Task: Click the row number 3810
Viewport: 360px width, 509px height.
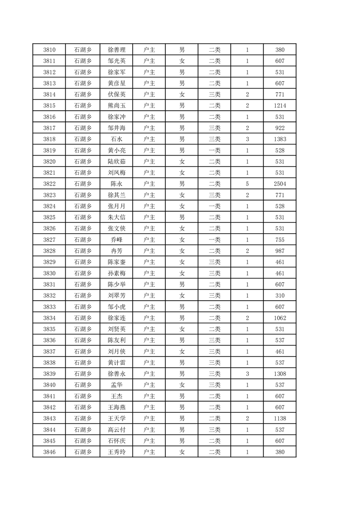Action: coord(49,50)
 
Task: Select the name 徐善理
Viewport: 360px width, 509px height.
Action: coord(116,50)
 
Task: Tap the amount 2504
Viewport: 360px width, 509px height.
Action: coord(280,184)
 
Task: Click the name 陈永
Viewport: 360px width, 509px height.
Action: coord(116,184)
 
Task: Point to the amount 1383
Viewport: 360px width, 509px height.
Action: coord(280,139)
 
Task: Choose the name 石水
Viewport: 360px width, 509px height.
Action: coord(116,139)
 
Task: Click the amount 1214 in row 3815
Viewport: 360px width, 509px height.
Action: coord(280,106)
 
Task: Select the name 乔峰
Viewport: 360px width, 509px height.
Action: coord(116,240)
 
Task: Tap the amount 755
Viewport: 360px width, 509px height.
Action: coord(280,240)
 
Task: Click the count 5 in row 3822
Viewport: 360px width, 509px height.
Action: coord(247,184)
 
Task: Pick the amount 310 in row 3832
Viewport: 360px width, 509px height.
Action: coord(280,295)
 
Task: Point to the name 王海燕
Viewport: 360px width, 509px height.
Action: coord(116,407)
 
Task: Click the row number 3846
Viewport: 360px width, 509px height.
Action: coord(49,452)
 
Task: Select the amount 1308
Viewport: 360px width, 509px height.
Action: coord(280,374)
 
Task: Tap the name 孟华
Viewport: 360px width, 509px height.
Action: coord(116,385)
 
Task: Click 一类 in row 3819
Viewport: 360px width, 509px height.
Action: coord(214,150)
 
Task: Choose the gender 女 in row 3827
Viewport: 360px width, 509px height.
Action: coord(182,240)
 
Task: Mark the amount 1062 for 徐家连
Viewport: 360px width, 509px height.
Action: coord(280,318)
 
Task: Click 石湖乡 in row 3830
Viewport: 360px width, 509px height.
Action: coord(83,273)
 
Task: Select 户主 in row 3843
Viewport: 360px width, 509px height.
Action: coord(149,418)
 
